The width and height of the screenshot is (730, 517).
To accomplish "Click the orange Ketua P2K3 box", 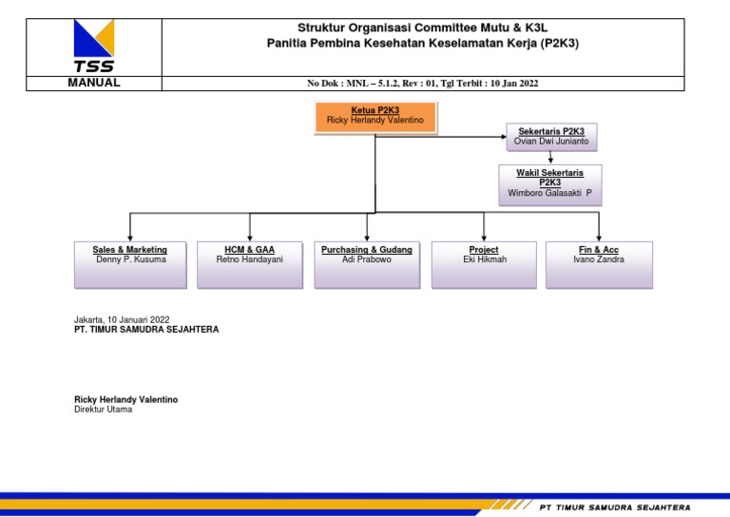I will pyautogui.click(x=375, y=117).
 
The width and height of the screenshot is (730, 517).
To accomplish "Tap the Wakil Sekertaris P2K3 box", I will pyautogui.click(x=549, y=184).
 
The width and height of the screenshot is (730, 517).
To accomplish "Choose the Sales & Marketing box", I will pyautogui.click(x=130, y=264).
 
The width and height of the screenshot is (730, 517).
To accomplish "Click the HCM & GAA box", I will pyautogui.click(x=249, y=264).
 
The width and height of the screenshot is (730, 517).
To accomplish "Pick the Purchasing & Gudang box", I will pyautogui.click(x=367, y=264).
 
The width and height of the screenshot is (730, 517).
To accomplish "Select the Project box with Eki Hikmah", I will pyautogui.click(x=484, y=264).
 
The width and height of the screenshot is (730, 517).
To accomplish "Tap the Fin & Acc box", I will pyautogui.click(x=599, y=264).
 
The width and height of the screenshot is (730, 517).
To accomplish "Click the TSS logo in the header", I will pyautogui.click(x=94, y=46).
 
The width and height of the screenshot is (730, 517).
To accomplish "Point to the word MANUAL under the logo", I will pyautogui.click(x=94, y=83).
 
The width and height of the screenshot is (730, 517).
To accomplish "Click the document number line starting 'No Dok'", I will pyautogui.click(x=423, y=84).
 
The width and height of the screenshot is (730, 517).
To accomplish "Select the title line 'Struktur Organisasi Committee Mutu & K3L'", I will pyautogui.click(x=423, y=28).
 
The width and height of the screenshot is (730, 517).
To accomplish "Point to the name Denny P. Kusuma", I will pyautogui.click(x=130, y=259).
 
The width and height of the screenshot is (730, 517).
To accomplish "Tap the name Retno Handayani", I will pyautogui.click(x=249, y=259).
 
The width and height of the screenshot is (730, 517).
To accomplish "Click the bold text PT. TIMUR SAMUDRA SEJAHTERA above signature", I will pyautogui.click(x=146, y=330).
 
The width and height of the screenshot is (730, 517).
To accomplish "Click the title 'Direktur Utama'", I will pyautogui.click(x=104, y=410).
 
